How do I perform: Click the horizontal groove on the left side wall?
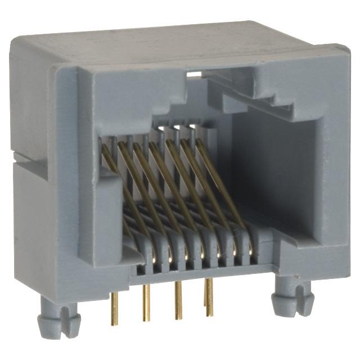pyautogui.click(x=34, y=160)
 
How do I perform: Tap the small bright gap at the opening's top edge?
pyautogui.click(x=195, y=74)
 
